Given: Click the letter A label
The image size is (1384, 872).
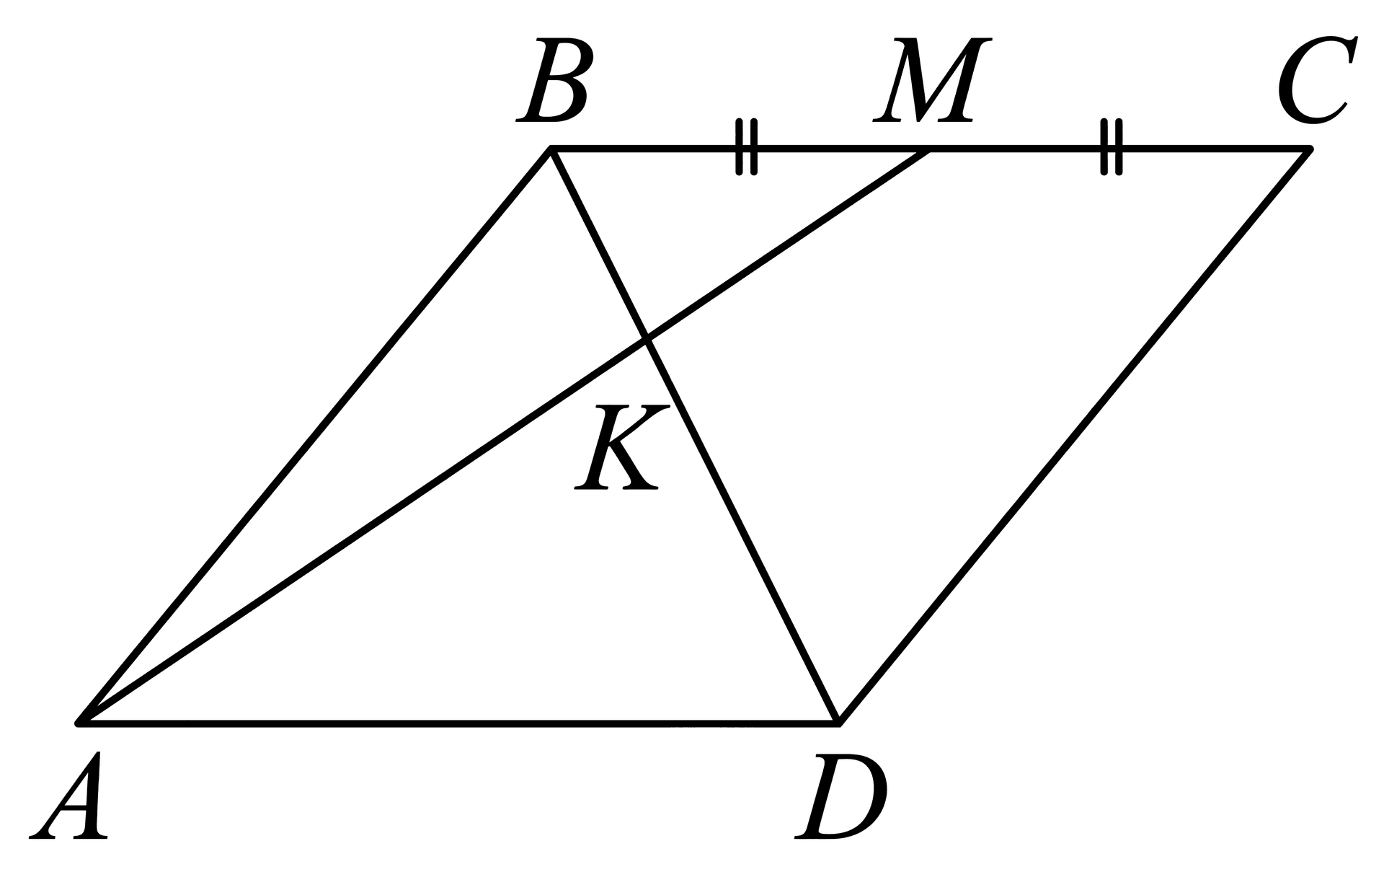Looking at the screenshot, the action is pos(69,796).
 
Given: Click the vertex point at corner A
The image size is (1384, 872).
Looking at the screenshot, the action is pos(79,721).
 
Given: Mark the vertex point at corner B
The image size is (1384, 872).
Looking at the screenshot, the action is pos(551,149).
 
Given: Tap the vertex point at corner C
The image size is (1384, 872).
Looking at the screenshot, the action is pos(1310,149).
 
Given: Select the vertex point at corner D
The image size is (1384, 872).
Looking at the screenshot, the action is pos(838,721).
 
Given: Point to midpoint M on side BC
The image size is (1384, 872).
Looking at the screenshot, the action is pos(929,149).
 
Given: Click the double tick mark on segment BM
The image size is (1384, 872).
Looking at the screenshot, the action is pos(747,148).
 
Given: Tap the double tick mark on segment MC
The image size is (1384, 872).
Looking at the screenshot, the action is pos(1112,148).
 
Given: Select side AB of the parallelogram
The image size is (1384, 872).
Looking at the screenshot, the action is pos(315,435).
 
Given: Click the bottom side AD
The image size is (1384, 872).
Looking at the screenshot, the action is pos(458,721).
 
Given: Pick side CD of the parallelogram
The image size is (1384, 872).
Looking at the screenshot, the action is pos(1074,435).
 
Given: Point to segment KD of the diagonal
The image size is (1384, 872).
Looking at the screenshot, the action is pos(742,530).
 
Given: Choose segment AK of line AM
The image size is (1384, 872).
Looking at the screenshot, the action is pos(363,530).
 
